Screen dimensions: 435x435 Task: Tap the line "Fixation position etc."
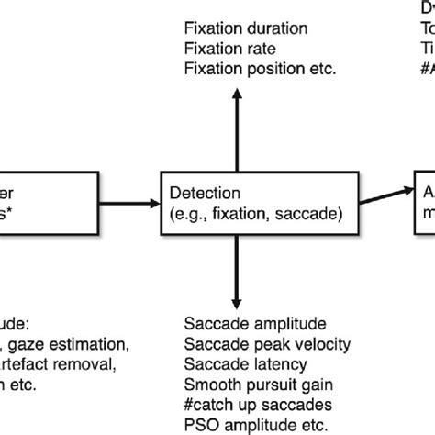(x=261, y=68)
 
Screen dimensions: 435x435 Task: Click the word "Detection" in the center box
(x=205, y=194)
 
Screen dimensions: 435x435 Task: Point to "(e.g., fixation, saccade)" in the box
(x=251, y=214)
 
